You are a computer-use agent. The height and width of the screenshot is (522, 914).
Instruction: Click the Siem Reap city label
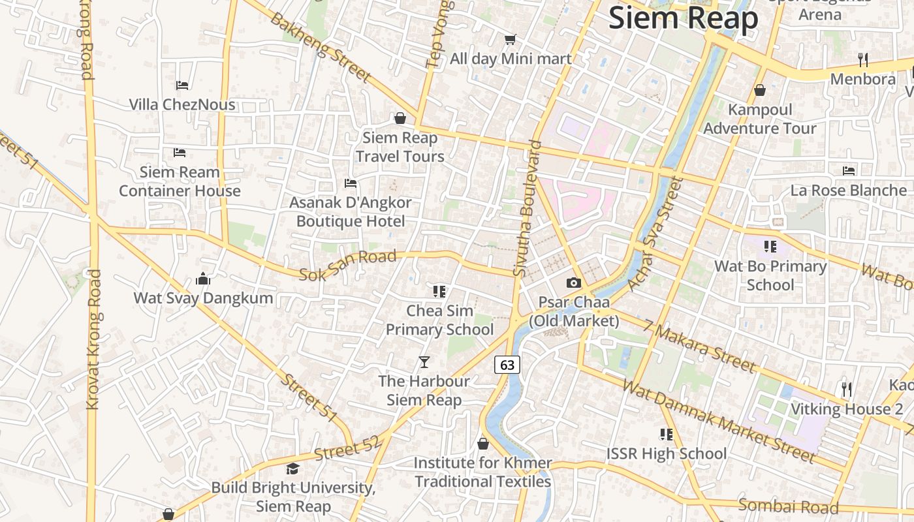tap(683, 18)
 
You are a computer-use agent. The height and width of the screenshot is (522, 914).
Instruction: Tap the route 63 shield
tap(507, 364)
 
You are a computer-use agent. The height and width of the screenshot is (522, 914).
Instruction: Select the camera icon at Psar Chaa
tap(574, 283)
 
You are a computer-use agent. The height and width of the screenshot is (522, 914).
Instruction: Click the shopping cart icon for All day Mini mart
tap(511, 40)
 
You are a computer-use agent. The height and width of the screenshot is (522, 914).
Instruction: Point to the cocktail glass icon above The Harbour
tap(424, 361)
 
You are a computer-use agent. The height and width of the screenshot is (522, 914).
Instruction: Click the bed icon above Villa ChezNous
tap(182, 85)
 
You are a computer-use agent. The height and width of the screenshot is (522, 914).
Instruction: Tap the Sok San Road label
tap(347, 265)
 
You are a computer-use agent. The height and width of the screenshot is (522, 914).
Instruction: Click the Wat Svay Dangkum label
tap(203, 298)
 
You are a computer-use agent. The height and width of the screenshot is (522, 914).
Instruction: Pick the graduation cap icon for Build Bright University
tap(292, 468)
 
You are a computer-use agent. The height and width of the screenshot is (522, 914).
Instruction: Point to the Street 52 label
tap(347, 449)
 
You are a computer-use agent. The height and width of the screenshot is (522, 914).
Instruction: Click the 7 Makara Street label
tap(699, 346)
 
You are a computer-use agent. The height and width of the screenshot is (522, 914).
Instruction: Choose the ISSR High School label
tap(666, 453)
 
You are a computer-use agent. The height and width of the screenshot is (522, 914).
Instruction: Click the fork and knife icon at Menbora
tap(863, 60)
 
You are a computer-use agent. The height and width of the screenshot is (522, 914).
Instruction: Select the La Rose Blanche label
tap(848, 191)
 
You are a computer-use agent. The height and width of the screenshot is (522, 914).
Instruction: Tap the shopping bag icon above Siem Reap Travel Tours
tap(400, 118)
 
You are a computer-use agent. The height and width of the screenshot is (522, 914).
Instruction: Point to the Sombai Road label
tap(788, 506)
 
